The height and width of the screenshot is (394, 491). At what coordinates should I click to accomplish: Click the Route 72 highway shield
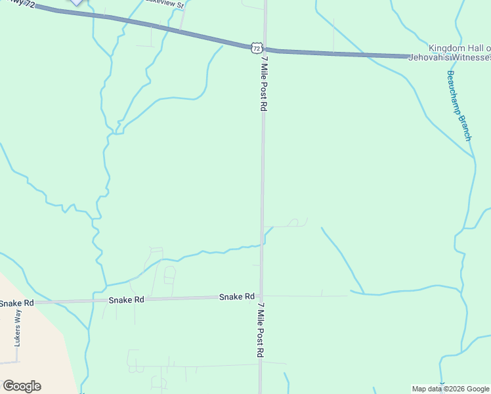coord(257,47)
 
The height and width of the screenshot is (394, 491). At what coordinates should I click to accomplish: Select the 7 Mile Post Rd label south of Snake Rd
coord(261,330)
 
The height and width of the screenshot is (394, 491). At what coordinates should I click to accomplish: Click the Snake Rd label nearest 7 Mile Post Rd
coord(236,297)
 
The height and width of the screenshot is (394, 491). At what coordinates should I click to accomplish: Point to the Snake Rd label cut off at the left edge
coord(16,303)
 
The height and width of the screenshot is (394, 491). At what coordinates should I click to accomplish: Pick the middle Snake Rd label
coord(127,299)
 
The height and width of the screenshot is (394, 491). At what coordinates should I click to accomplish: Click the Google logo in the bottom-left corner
coord(22,386)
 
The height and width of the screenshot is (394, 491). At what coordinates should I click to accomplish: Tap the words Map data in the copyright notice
coord(426,389)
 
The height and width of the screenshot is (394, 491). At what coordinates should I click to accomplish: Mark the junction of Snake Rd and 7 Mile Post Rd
coord(261,296)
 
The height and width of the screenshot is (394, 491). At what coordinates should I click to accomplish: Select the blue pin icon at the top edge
coord(77,2)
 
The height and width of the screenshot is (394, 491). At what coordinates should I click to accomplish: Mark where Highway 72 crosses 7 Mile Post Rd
coord(265,49)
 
